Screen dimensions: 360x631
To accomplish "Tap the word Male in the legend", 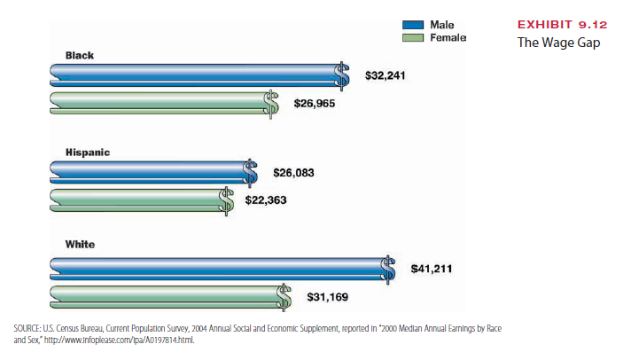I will point(442,24).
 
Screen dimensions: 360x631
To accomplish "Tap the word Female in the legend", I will point(448,38).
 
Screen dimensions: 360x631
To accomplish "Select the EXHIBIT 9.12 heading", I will point(557,24).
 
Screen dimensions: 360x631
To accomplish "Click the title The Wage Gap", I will point(554,43).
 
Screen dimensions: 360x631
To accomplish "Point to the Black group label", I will point(80,55).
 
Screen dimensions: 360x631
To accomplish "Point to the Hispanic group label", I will point(88,153).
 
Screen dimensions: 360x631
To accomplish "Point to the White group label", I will point(80,244).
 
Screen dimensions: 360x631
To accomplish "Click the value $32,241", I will point(386,75).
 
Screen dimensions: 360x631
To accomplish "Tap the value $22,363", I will point(266,200).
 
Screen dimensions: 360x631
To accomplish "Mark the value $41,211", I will point(432,267).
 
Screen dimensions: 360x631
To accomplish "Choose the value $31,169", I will point(327,296).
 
